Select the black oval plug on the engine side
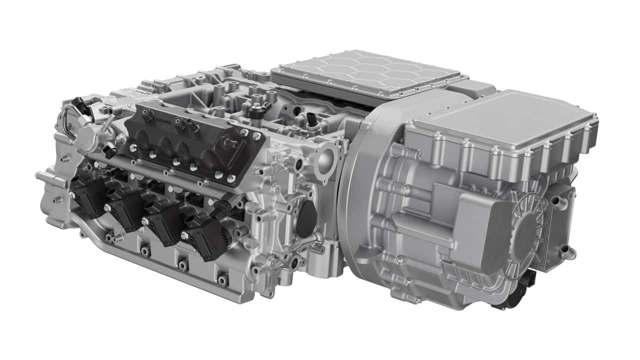tap(306, 219)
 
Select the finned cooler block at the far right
tap(555, 225)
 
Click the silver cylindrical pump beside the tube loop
tap(90, 135)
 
